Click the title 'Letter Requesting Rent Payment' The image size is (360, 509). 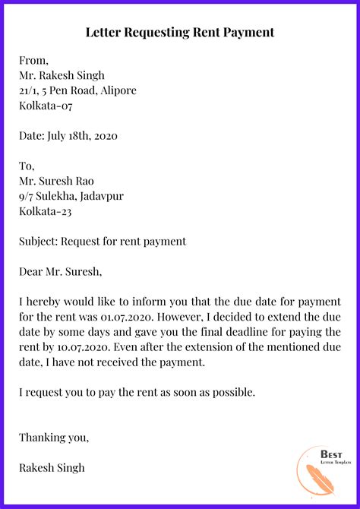point(180,33)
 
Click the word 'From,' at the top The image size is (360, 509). point(34,61)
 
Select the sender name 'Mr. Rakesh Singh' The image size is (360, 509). point(62,76)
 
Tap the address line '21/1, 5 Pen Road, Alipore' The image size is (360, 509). point(78,91)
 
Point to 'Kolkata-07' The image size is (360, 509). point(46,106)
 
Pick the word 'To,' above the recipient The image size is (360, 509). point(28,166)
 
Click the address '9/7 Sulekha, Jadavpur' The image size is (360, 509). point(71,197)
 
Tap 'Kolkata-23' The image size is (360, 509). point(46,211)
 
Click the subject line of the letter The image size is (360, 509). point(103,242)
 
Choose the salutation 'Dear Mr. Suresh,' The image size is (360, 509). point(60,271)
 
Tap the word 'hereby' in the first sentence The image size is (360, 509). point(43,302)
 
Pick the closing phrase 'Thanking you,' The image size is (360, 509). point(54,438)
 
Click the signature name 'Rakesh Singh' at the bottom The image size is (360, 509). point(52,468)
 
